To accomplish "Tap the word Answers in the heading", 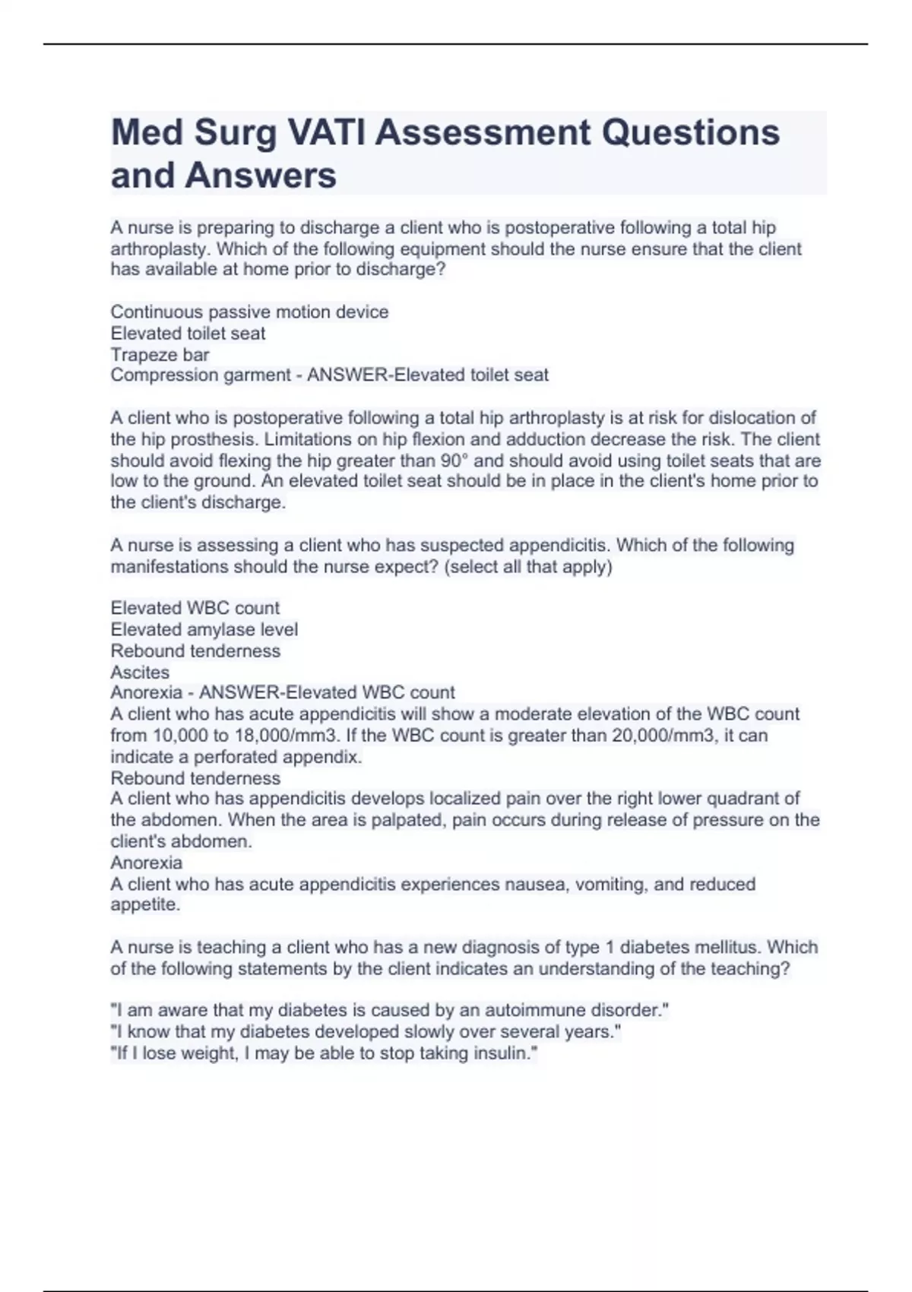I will point(260,175).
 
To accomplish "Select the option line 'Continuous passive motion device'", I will point(249,312).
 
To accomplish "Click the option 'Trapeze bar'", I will point(160,354).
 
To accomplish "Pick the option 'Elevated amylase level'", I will point(204,629).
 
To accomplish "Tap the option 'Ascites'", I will point(140,672).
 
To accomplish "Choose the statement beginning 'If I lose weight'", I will point(324,1053).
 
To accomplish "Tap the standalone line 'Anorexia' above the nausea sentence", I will point(147,863).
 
